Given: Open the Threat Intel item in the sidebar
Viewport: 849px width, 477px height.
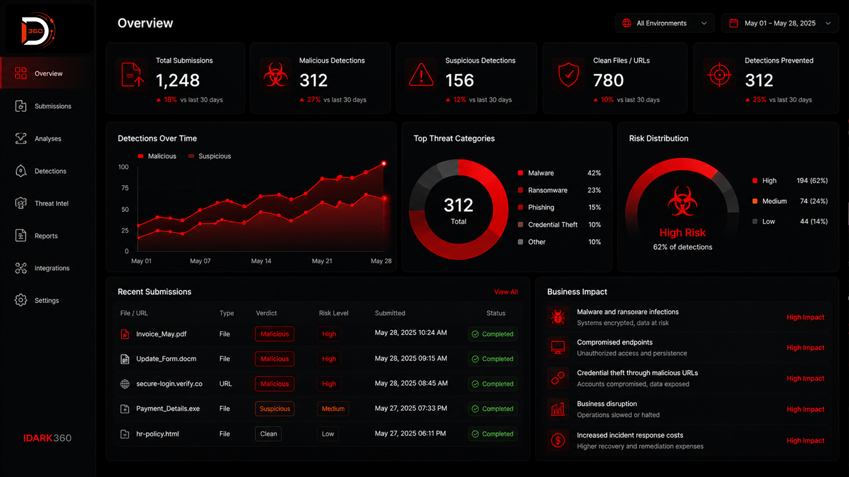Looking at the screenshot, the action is pos(42,203).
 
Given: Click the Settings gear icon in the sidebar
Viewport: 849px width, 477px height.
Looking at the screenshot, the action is pos(21,300).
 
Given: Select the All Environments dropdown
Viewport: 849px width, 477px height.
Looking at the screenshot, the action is pos(665,23).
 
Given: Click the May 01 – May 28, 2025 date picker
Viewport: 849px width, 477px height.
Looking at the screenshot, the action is pos(780,23).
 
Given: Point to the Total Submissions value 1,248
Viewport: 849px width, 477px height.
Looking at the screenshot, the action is pos(178,80).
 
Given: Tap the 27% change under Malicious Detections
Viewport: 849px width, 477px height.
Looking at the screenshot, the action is pos(314,100).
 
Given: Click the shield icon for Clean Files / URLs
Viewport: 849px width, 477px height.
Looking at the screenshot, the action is pos(569,74).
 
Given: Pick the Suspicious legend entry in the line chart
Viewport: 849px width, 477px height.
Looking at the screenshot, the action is pos(210,156).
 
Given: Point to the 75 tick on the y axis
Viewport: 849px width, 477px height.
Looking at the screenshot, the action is pos(125,188).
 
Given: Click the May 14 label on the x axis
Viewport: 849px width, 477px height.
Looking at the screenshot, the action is pos(261,261).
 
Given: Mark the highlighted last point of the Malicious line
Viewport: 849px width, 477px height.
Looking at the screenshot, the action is pos(384,163).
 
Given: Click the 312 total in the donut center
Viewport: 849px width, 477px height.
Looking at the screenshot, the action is pos(459,205).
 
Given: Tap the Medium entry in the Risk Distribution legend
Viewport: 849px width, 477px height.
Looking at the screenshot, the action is pos(769,201).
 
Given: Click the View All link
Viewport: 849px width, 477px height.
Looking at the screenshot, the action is pos(506,292).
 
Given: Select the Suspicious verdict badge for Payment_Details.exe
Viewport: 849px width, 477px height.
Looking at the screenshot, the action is pos(275,409).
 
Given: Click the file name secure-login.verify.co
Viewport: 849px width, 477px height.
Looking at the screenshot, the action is pos(169,384).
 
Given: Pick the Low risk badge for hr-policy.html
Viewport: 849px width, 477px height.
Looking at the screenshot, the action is pos(328,434).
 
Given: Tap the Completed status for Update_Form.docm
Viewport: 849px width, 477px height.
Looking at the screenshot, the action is pos(493,359).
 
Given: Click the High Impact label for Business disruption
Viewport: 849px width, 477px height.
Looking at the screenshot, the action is pos(805,409).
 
